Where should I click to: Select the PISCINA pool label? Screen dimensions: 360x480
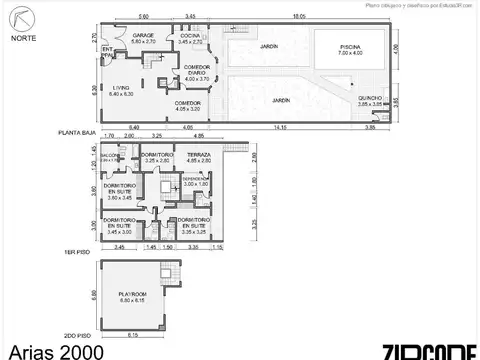[x=350, y=48]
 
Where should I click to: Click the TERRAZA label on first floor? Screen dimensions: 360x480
[x=199, y=157]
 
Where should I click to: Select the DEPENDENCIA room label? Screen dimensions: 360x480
[x=196, y=181]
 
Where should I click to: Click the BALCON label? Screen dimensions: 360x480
[x=110, y=157]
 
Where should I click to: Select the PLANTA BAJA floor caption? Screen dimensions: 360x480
[x=77, y=132]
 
